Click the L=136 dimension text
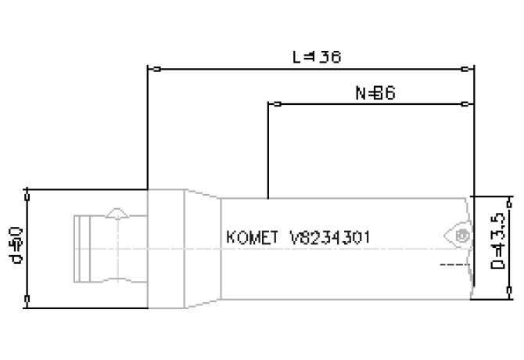(x=317, y=56)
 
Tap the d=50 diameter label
(x=17, y=244)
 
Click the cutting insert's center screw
(x=462, y=236)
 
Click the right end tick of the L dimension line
(x=466, y=69)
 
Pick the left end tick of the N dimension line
(x=274, y=103)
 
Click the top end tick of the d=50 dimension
(x=28, y=190)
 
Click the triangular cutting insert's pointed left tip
(x=442, y=234)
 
